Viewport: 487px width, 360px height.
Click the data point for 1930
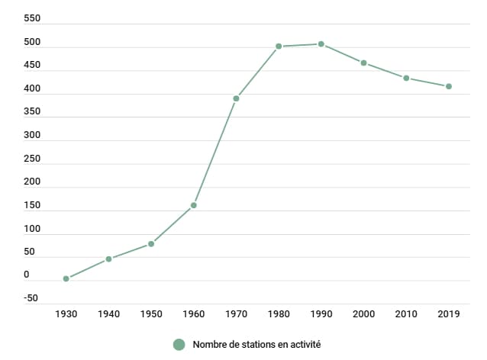click(x=66, y=278)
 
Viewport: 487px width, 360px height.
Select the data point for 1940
click(x=109, y=259)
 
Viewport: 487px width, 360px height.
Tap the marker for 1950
click(x=151, y=244)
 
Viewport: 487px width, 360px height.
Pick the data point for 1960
click(x=194, y=205)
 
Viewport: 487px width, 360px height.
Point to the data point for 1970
click(x=237, y=98)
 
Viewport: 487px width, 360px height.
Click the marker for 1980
click(x=279, y=47)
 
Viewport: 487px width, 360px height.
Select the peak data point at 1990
click(x=321, y=44)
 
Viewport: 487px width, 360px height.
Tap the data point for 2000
click(x=364, y=63)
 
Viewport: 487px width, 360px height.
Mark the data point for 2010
click(x=407, y=78)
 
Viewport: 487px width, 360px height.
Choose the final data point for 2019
click(x=449, y=86)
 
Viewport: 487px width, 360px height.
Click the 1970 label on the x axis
click(x=237, y=313)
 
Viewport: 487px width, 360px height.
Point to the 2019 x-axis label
click(x=449, y=313)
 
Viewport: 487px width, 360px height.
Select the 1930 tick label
click(x=66, y=313)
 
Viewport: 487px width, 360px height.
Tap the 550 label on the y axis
click(x=32, y=18)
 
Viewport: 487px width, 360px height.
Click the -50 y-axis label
click(x=31, y=298)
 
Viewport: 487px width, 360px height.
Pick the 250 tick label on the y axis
click(x=32, y=159)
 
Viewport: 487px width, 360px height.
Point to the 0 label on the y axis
click(x=27, y=275)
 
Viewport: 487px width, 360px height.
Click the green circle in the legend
click(x=179, y=345)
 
